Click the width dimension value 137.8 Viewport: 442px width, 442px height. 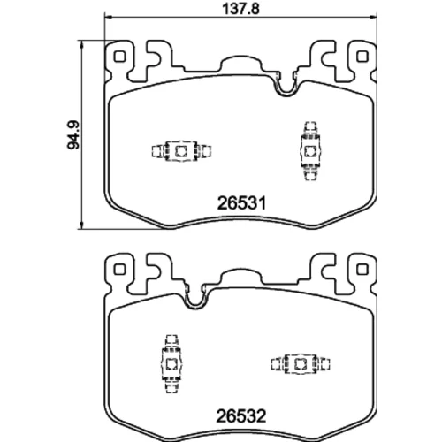click(240, 9)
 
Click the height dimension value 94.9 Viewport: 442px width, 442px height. click(73, 134)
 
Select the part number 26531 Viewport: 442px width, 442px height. click(241, 203)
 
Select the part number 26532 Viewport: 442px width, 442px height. click(241, 416)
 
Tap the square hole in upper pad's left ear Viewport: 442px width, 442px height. click(119, 57)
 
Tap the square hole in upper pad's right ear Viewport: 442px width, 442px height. click(362, 57)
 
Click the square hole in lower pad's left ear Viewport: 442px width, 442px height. click(119, 269)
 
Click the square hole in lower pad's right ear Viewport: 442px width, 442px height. click(362, 269)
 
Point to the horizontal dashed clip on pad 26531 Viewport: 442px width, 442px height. click(181, 151)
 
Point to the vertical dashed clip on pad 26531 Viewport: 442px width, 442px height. click(309, 151)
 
